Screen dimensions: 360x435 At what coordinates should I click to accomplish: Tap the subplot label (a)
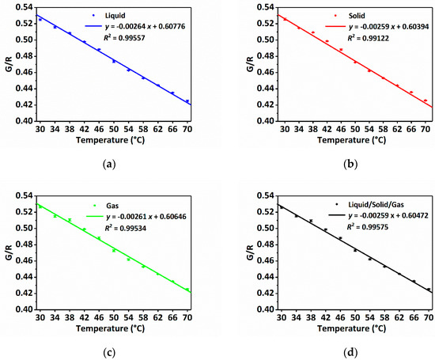click(108, 163)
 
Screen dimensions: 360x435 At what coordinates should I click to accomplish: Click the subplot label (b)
click(325, 163)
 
